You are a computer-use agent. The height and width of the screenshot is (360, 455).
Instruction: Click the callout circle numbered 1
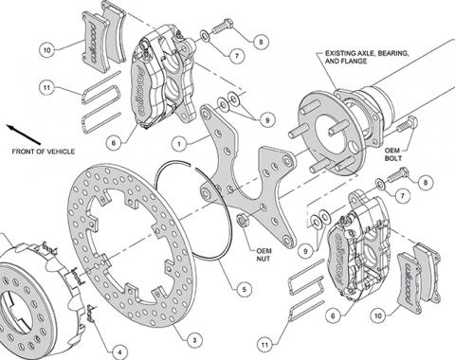[180, 145]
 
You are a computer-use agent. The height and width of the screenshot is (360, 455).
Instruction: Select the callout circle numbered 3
[194, 340]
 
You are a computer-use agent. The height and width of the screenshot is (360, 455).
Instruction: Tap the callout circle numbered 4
[119, 351]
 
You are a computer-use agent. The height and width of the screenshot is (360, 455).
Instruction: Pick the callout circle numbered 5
[244, 289]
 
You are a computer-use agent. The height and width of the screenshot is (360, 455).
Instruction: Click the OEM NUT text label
[264, 255]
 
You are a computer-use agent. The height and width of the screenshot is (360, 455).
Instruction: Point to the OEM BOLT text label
[392, 154]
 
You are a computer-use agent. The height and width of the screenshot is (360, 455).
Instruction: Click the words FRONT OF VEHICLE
[44, 152]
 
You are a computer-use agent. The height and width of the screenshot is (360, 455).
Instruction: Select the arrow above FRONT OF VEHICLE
[24, 135]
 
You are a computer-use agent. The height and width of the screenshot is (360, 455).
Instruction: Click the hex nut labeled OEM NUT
[243, 220]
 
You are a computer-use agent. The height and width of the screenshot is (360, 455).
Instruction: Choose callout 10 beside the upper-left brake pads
[47, 50]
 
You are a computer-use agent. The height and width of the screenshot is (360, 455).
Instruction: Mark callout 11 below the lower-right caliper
[264, 344]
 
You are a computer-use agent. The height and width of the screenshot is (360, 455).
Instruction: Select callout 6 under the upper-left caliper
[114, 143]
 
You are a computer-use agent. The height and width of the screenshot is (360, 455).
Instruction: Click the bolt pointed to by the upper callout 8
[222, 27]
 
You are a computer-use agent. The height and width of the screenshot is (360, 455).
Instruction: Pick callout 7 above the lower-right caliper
[402, 196]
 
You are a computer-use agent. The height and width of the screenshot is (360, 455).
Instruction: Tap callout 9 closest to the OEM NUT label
[305, 251]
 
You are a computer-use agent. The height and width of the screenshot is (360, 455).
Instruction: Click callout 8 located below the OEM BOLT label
[426, 182]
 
